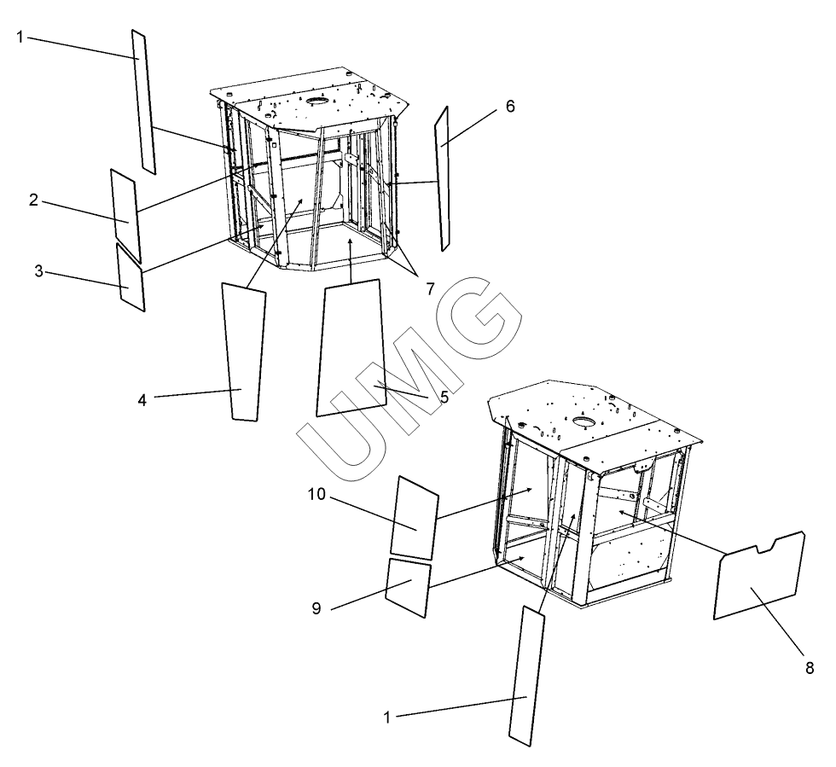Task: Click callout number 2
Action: [33, 200]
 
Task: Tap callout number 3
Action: [39, 271]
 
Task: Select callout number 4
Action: [142, 400]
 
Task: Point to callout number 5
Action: [444, 398]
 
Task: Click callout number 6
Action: [510, 107]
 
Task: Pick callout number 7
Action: [430, 289]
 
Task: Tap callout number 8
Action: [810, 668]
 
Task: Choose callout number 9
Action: [316, 608]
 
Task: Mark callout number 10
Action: [316, 495]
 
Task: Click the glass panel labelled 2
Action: [126, 216]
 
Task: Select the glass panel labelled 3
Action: [131, 277]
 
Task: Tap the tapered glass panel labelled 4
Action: [244, 352]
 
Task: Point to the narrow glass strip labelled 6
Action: [442, 178]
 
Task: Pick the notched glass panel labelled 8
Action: [758, 576]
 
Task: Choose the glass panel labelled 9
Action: [408, 588]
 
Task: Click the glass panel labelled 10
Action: [415, 517]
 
